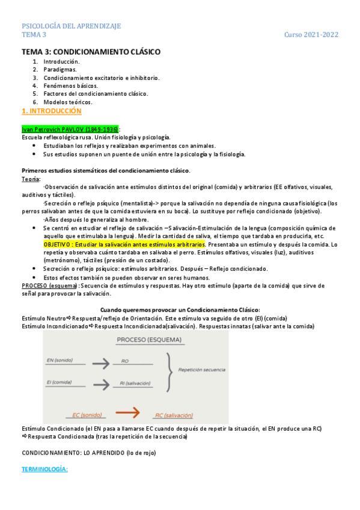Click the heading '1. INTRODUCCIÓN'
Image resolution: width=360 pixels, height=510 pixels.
tap(52, 112)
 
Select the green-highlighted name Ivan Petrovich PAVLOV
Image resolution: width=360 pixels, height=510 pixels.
tap(70, 129)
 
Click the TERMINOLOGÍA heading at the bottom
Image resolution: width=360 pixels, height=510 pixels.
tap(46, 467)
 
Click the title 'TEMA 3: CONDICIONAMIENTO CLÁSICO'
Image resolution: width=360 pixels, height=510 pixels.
tap(91, 52)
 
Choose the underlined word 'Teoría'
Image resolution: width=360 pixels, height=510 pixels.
tap(31, 179)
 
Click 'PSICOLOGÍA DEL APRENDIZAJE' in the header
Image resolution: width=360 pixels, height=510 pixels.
tap(72, 26)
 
